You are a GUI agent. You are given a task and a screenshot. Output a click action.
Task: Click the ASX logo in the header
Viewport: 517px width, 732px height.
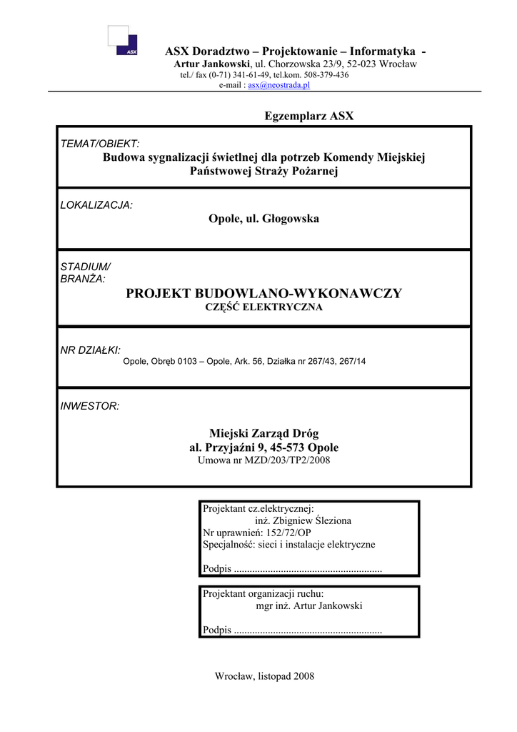click(x=123, y=41)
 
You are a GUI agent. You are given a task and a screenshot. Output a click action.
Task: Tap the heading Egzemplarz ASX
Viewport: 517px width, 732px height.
click(x=309, y=116)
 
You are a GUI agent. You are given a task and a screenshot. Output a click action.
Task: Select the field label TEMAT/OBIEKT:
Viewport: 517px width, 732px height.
click(x=100, y=144)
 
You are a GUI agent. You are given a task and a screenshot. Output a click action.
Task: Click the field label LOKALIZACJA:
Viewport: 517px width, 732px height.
click(x=96, y=205)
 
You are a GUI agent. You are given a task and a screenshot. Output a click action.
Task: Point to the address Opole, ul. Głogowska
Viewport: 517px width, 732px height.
click(x=263, y=219)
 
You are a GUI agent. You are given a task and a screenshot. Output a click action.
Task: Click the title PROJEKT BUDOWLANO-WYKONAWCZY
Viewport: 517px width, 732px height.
click(x=263, y=293)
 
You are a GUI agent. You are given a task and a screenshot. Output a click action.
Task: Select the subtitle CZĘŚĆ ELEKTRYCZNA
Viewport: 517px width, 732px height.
click(x=263, y=307)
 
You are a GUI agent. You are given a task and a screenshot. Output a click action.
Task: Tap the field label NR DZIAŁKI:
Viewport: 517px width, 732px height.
click(x=91, y=350)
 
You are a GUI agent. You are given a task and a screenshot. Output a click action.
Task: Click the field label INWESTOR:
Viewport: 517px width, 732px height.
click(x=90, y=406)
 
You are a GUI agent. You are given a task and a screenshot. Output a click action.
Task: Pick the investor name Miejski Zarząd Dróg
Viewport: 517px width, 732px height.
click(x=263, y=433)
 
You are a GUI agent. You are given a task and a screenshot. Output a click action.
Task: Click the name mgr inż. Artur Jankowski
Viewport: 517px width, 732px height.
click(x=309, y=606)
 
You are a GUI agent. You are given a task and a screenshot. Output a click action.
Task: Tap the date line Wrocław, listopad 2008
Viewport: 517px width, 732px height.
click(x=264, y=676)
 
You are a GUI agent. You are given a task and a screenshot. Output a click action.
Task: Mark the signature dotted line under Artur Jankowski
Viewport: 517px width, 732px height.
click(x=308, y=630)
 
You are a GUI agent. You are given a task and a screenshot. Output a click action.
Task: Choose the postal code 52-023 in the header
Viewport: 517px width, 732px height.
click(x=364, y=64)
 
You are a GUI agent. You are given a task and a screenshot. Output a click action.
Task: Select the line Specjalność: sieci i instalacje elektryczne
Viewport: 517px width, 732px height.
click(x=288, y=545)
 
